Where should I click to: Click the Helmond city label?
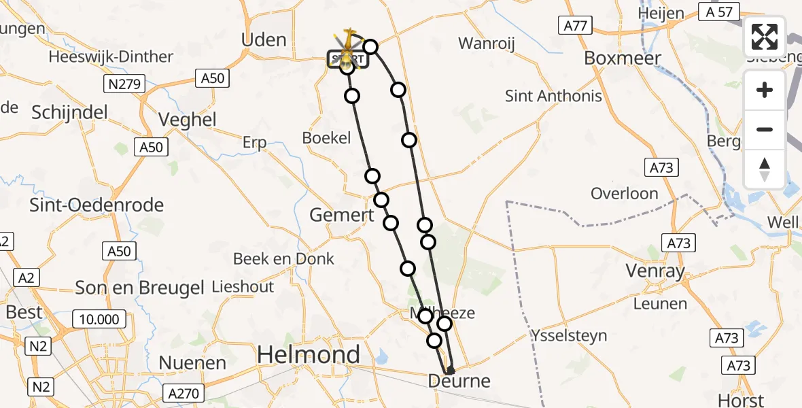(x=309, y=354)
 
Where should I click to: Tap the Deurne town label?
(x=459, y=381)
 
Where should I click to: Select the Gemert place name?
(x=341, y=216)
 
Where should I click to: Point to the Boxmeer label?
(x=623, y=58)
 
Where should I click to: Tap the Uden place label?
(x=264, y=39)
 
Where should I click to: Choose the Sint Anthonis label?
(x=553, y=96)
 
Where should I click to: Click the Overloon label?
(x=624, y=194)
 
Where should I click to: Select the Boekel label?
(x=326, y=138)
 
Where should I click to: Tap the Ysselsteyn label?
(x=570, y=335)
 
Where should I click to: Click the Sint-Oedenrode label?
(x=97, y=205)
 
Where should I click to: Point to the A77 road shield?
(x=575, y=26)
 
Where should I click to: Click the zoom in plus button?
(x=765, y=90)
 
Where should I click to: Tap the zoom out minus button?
(x=765, y=129)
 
